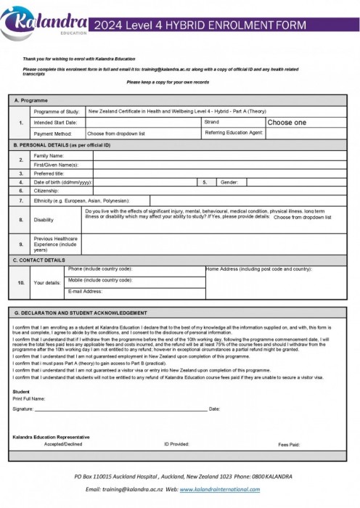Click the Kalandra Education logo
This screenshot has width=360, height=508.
pos(45,20)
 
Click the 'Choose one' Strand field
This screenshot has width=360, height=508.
pos(287,123)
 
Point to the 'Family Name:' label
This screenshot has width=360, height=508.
pos(49,155)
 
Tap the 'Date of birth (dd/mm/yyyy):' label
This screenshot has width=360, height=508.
pos(62,182)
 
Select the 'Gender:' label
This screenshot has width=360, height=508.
pos(229,182)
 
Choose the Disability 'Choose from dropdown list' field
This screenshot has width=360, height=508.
pos(302,217)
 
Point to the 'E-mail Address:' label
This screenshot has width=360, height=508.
pos(85,291)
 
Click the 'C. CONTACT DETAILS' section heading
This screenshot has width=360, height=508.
pos(39,259)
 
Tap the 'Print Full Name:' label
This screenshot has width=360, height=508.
pos(29,398)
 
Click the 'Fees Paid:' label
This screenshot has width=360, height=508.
pos(289,443)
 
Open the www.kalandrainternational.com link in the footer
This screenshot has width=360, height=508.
pos(219,490)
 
